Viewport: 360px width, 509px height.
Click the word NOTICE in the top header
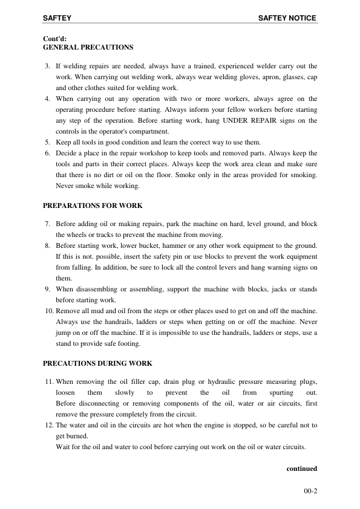(x=303, y=18)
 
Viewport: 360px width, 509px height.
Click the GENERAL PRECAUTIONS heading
(x=88, y=47)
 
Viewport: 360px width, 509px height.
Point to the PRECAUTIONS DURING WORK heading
(x=97, y=363)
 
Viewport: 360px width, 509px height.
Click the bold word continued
(x=301, y=468)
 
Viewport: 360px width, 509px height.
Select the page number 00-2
(x=310, y=491)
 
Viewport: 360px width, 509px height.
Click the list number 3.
(x=48, y=65)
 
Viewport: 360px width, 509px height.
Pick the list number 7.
(x=48, y=224)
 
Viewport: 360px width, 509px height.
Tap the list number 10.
(x=48, y=311)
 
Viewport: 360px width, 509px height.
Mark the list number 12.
(x=48, y=426)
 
